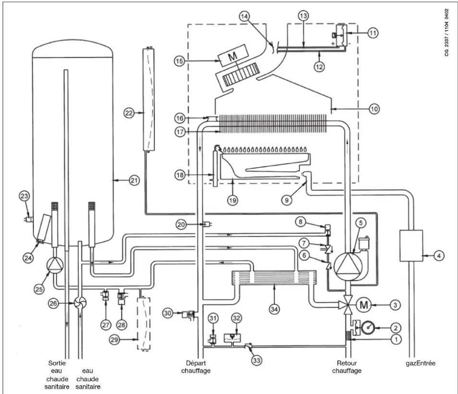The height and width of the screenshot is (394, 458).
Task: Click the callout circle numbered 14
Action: pyautogui.click(x=245, y=16)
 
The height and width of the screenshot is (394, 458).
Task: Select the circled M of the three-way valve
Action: pyautogui.click(x=364, y=305)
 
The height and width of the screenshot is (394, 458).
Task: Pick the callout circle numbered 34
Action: pyautogui.click(x=274, y=309)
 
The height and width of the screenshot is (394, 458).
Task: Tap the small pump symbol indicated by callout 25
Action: pyautogui.click(x=55, y=265)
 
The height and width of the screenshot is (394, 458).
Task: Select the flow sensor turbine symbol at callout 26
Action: pyautogui.click(x=80, y=303)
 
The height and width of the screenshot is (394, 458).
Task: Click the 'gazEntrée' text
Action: pyautogui.click(x=420, y=363)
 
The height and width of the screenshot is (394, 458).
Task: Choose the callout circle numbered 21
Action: pyautogui.click(x=134, y=180)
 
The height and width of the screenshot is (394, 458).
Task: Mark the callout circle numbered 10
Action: pyautogui.click(x=374, y=109)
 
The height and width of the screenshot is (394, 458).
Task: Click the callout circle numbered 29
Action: pyautogui.click(x=114, y=340)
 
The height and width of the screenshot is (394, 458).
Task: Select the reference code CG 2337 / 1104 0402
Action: pyautogui.click(x=447, y=33)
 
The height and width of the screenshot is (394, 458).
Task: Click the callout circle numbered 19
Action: pyautogui.click(x=233, y=201)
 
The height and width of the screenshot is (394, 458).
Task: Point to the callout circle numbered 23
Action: pyautogui.click(x=24, y=196)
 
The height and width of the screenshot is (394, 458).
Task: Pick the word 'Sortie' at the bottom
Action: pyautogui.click(x=57, y=363)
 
